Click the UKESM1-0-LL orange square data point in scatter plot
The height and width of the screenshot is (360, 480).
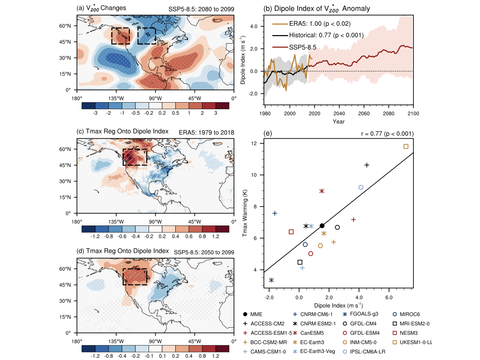(406, 146)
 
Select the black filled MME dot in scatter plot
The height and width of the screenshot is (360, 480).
(322, 226)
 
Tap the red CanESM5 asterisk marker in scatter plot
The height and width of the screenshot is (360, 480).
(322, 191)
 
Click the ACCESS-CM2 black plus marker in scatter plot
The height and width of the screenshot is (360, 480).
(367, 165)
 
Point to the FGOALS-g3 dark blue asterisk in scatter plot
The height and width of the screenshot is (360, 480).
(271, 280)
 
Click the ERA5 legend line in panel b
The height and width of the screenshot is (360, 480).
(280, 23)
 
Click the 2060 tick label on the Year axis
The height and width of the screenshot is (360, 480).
(364, 113)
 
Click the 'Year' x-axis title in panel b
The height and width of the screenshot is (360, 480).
(338, 122)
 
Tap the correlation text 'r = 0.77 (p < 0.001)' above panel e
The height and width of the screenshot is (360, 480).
(385, 134)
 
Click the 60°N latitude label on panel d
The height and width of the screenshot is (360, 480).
(69, 269)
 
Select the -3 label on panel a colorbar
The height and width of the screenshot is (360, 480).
(95, 113)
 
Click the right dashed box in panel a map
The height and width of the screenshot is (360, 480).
(147, 36)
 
